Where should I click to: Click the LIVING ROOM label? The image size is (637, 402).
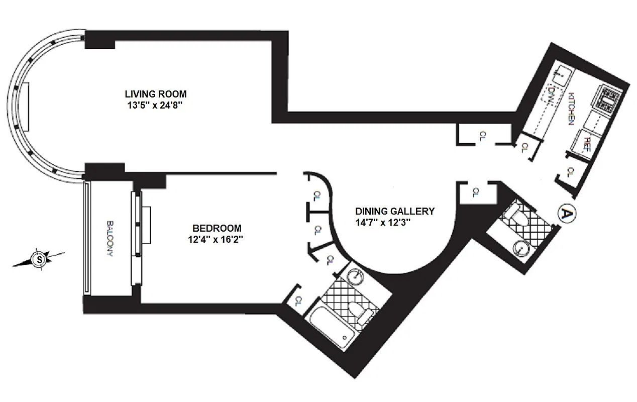tap(155, 94)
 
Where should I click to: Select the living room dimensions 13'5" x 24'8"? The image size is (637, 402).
tap(155, 106)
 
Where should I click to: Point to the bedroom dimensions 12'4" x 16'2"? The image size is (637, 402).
tap(216, 240)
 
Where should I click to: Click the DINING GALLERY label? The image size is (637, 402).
tap(394, 211)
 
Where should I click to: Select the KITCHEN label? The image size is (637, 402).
tap(571, 108)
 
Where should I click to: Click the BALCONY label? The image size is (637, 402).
tap(109, 239)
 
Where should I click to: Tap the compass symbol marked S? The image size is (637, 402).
tap(38, 259)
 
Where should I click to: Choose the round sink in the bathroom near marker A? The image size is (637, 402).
tap(521, 248)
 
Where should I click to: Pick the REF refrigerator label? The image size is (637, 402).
tap(586, 145)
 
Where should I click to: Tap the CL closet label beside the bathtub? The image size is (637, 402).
tap(298, 301)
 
